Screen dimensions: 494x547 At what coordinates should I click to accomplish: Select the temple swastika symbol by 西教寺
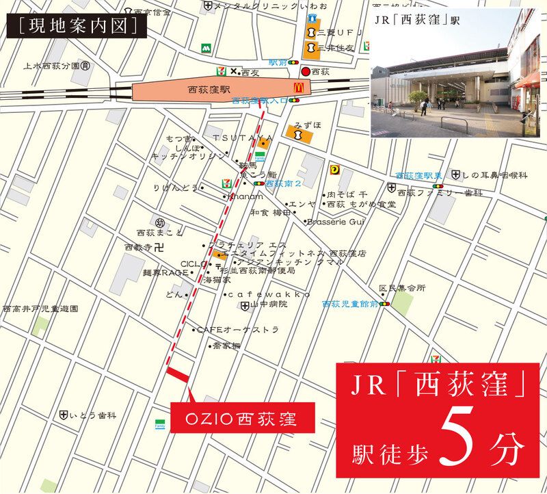159,246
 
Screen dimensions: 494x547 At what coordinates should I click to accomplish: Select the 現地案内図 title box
74,26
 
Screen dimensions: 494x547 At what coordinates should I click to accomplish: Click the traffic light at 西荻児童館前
386,304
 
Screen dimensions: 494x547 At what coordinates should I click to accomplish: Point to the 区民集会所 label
403,287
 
